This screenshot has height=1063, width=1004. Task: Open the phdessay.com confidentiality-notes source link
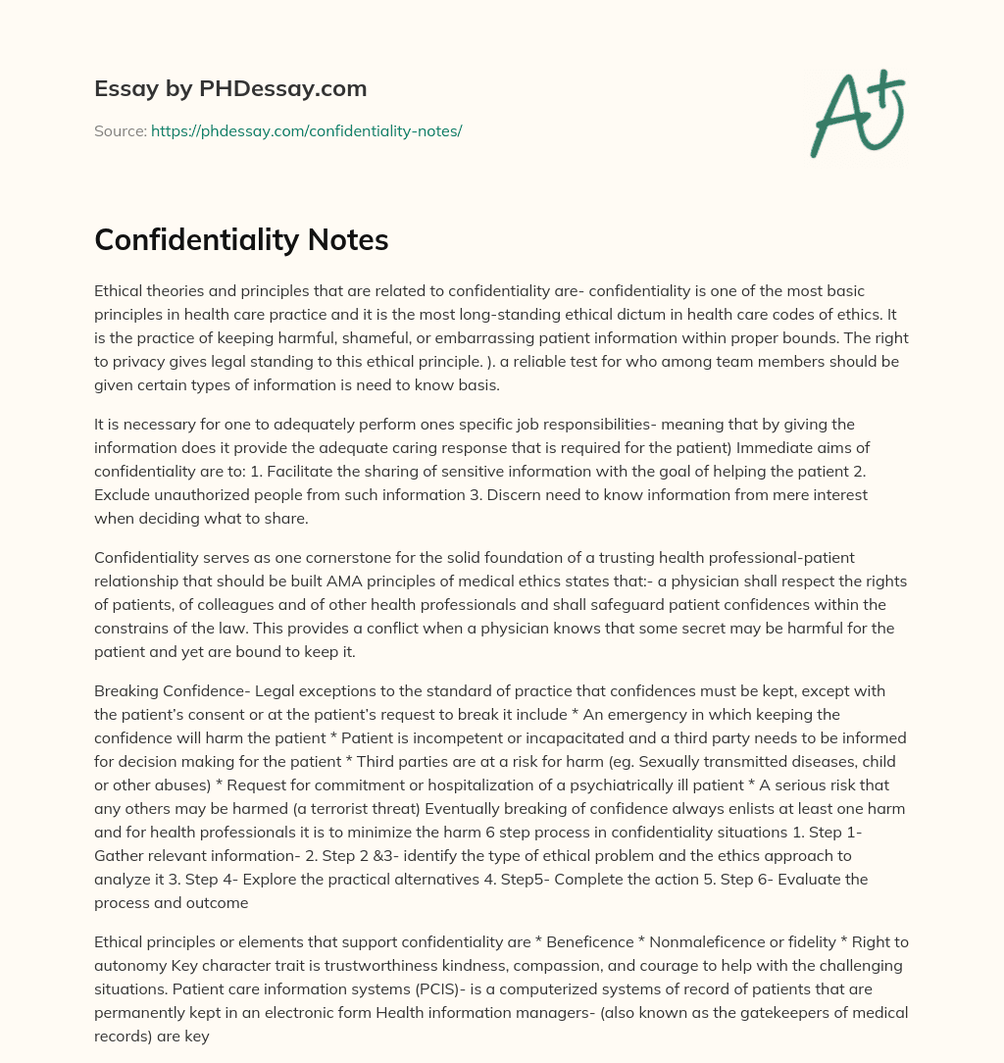pyautogui.click(x=306, y=130)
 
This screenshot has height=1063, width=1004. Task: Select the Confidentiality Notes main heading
pyautogui.click(x=241, y=240)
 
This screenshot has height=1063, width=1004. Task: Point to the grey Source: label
pyautogui.click(x=120, y=130)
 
